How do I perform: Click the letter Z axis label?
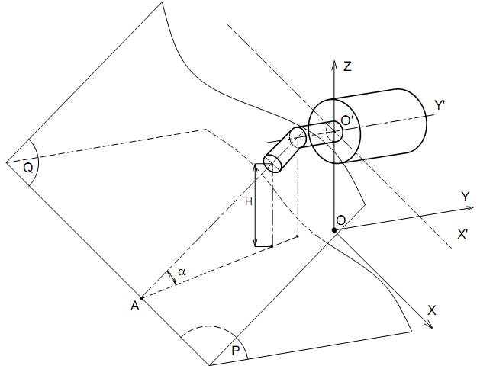coord(347,66)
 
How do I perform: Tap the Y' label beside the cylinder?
coord(440,105)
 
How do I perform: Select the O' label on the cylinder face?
coord(347,121)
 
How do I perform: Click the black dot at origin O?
coord(334,230)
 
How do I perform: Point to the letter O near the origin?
coord(340,220)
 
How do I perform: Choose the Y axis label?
coord(466,197)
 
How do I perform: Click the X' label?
coord(462,234)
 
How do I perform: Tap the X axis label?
coord(432,310)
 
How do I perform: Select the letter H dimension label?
coord(249,201)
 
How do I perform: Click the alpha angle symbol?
coord(182,271)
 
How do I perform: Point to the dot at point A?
coord(142,298)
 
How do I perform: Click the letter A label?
coord(135,306)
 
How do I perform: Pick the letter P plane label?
coord(235,351)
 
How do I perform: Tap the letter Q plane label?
coord(28,168)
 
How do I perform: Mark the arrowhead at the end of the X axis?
coord(430,326)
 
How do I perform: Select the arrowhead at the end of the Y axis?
coord(470,208)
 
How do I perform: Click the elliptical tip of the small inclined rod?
coord(272,164)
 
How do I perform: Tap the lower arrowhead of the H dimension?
coord(255,242)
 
